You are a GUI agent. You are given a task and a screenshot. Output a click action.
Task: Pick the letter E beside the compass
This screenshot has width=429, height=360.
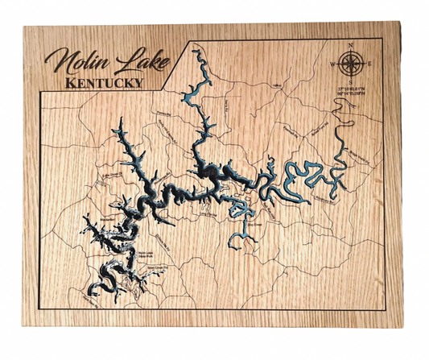[369, 63]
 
